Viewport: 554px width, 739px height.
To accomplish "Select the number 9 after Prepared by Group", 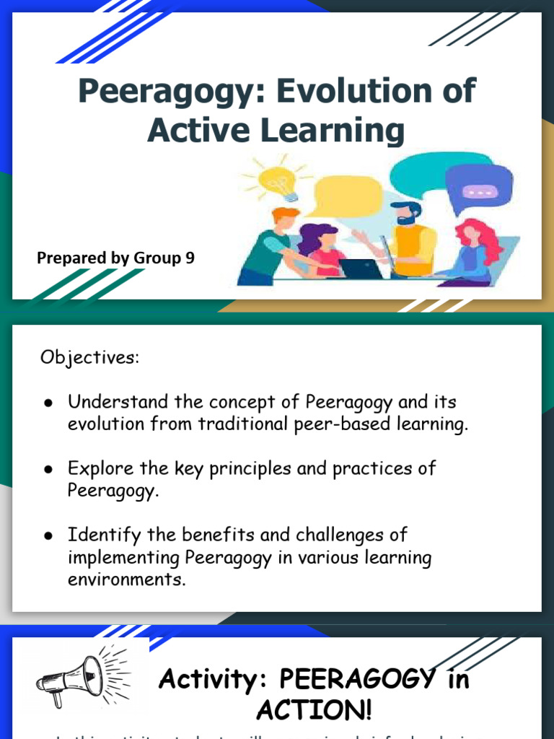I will click(190, 258).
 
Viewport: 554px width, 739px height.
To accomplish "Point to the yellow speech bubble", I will click(348, 196).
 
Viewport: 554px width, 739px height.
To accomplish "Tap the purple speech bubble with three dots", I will click(478, 190).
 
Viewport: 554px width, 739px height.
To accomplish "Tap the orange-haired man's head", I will click(286, 219).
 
